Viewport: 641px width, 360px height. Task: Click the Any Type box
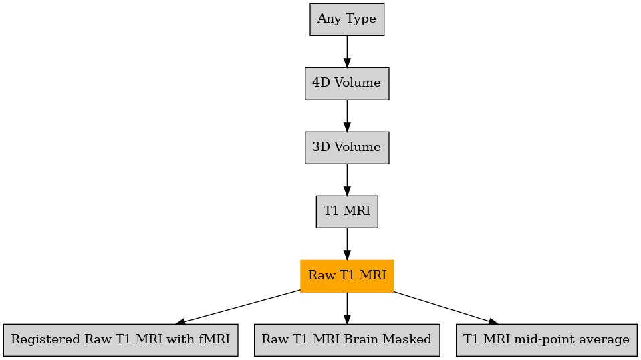347,19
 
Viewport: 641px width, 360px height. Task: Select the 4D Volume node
347,83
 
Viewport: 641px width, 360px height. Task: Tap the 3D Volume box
347,148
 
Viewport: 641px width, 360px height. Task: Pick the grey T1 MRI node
347,212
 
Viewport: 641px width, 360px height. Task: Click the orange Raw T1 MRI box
347,276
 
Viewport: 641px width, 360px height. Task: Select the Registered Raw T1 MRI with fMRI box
120,340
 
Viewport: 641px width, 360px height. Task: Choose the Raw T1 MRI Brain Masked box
347,340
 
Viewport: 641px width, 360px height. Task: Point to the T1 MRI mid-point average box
547,340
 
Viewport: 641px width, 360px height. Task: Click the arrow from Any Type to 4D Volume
347,52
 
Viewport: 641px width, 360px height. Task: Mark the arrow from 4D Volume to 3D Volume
347,116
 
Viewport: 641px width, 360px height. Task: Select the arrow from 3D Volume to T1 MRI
347,180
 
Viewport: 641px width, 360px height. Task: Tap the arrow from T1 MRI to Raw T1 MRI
347,244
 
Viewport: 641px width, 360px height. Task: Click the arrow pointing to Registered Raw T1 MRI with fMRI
239,307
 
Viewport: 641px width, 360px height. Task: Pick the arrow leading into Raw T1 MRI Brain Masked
347,308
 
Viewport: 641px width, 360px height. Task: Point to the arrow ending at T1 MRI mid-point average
446,308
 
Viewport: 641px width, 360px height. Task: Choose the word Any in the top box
327,19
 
